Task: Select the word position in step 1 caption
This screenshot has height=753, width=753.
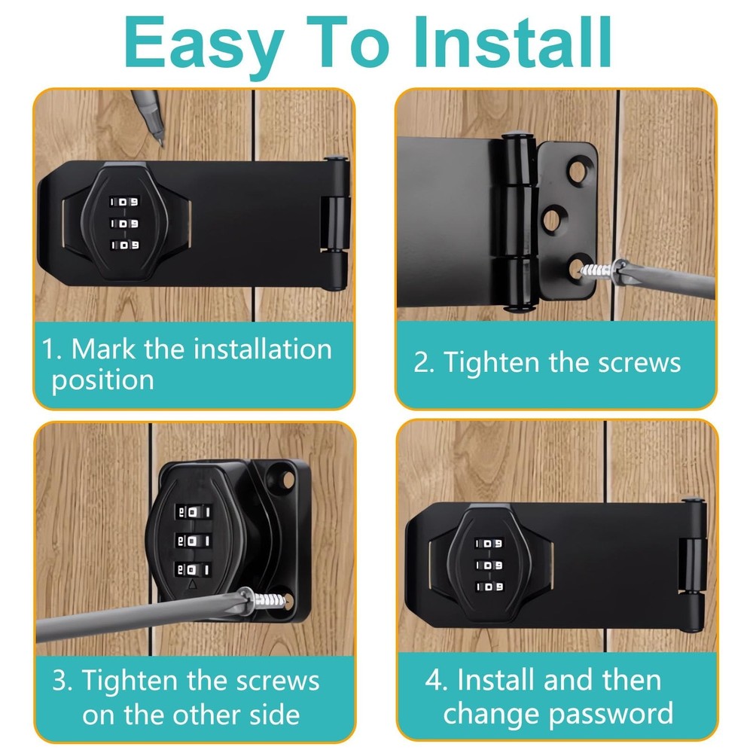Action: click(x=102, y=380)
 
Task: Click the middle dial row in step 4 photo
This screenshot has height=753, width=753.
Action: click(x=489, y=564)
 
